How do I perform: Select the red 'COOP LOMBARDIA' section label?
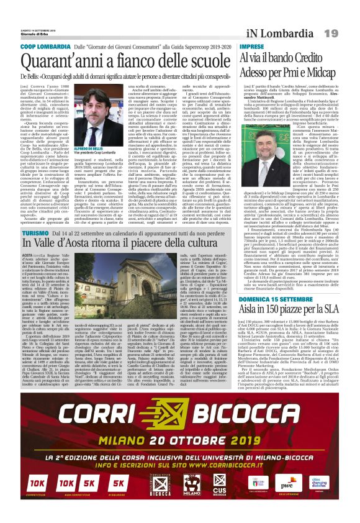[x=44, y=47]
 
